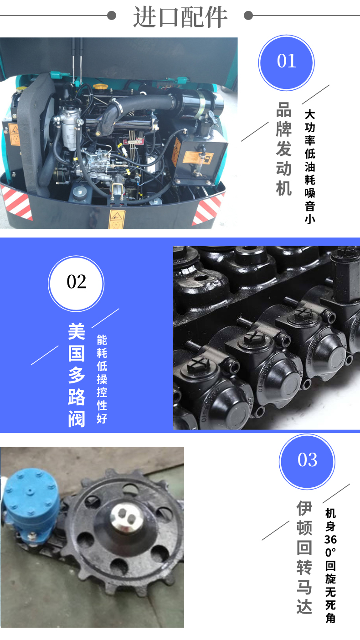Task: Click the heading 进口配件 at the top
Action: point(180,17)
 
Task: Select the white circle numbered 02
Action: point(76,284)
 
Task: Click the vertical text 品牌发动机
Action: point(284,149)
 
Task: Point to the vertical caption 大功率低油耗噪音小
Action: point(310,166)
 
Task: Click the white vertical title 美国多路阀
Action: point(77,375)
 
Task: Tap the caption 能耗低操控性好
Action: point(102,379)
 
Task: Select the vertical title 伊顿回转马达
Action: point(304,557)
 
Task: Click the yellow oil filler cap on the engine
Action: point(100,86)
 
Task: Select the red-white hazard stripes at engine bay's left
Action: point(16,202)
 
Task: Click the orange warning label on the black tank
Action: point(198,158)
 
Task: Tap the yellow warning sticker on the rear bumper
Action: point(117,219)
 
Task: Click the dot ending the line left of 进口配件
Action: point(112,15)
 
